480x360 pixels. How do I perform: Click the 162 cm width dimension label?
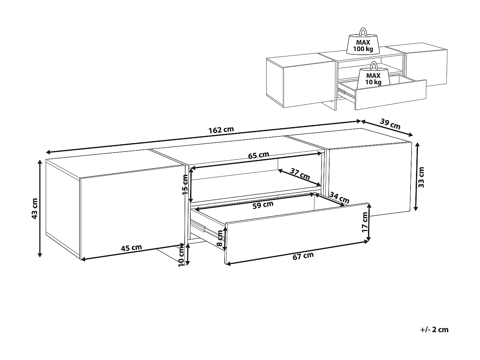[221, 130]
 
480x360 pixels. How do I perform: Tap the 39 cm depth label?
[390, 124]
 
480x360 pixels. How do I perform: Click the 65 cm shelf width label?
[259, 155]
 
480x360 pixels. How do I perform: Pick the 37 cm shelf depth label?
[300, 174]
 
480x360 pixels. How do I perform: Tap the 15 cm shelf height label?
[185, 185]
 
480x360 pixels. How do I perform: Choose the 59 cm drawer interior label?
[263, 205]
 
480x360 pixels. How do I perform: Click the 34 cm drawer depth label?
[339, 198]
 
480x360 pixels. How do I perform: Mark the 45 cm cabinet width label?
[131, 248]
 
